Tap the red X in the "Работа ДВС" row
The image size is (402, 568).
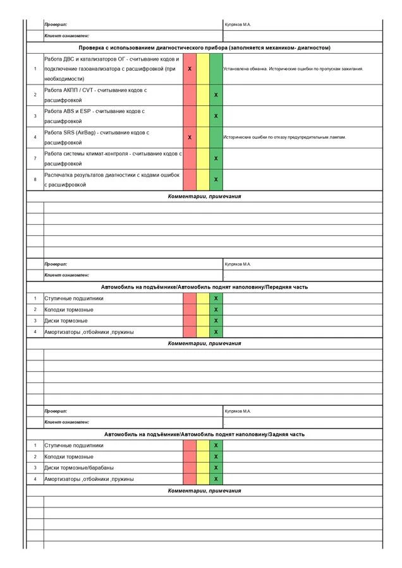190,68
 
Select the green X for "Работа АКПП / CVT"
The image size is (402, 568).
216,95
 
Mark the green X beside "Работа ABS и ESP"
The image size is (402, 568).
216,116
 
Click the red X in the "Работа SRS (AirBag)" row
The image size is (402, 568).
190,137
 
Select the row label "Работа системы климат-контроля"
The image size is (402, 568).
113,153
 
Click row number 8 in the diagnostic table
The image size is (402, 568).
35,180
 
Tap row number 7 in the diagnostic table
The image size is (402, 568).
35,158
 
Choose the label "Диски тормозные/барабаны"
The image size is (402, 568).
79,468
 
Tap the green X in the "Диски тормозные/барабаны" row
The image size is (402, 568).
216,468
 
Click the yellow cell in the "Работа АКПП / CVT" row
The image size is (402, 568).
203,95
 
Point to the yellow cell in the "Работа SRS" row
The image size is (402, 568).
203,137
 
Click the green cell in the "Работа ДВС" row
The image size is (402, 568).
216,68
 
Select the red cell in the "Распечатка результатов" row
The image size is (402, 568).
190,180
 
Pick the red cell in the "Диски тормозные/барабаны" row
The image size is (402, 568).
190,468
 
